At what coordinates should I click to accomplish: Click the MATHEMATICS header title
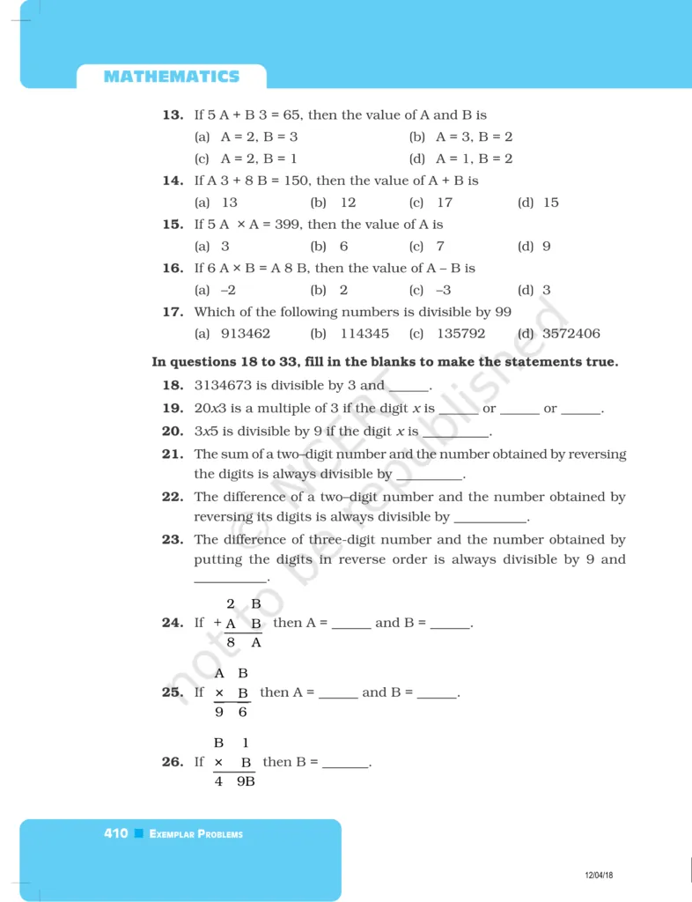tap(171, 77)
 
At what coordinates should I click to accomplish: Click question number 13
tap(173, 115)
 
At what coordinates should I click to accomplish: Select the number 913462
tap(246, 334)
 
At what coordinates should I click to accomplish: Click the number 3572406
tap(571, 334)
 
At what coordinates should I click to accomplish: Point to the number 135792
tap(460, 334)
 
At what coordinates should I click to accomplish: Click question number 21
tap(173, 455)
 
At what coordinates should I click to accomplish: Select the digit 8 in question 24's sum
tap(231, 643)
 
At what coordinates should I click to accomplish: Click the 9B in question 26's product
tap(246, 780)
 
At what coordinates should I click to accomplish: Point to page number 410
tap(116, 833)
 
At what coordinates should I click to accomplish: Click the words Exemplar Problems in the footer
tap(196, 834)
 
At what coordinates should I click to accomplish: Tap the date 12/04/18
tap(599, 875)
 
